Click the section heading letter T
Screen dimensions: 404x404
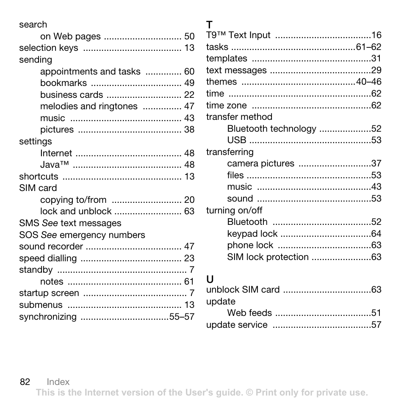pos(209,25)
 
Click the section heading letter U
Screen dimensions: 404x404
pos(210,279)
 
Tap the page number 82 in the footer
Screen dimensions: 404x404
pos(25,382)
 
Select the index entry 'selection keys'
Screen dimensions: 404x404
pos(49,48)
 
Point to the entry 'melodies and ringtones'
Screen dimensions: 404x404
pos(89,106)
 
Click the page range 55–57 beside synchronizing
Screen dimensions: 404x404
pos(182,317)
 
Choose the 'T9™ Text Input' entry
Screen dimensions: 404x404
pos(238,35)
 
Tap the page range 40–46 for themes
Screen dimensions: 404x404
pos(368,82)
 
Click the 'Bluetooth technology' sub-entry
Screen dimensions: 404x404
pos(271,129)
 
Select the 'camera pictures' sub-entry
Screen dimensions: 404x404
pos(260,163)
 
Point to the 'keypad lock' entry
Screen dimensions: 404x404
pos(252,234)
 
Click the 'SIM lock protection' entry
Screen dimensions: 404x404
pos(268,257)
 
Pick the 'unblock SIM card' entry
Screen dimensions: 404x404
pos(243,290)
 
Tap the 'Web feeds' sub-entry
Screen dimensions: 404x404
pos(249,313)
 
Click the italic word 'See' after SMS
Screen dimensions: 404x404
pos(50,223)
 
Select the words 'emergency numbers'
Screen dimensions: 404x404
pos(102,235)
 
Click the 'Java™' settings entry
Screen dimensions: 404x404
pos(55,165)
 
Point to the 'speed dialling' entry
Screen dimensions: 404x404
pos(48,258)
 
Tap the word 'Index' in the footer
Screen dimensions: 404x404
pos(58,382)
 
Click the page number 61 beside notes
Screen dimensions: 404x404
pos(189,282)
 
